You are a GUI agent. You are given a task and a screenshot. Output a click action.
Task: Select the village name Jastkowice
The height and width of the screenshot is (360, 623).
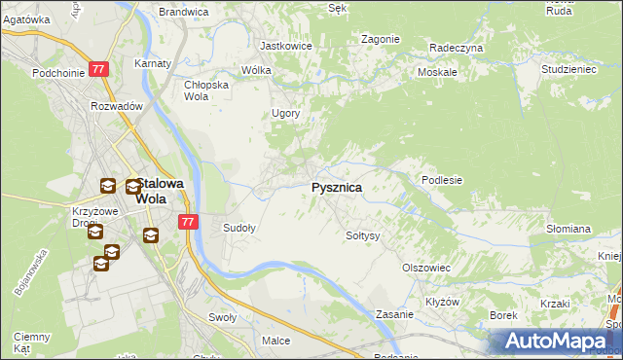coord(284,46)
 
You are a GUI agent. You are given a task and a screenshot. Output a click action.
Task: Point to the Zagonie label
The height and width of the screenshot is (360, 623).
coord(381,39)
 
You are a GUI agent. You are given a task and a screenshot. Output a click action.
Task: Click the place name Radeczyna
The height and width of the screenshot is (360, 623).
coord(457,47)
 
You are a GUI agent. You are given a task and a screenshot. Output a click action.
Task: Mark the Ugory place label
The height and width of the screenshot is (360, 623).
coord(285,113)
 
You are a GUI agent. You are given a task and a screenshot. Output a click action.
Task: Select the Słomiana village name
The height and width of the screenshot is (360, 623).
coord(568,229)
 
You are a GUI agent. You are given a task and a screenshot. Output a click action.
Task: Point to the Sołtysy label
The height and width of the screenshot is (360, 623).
coord(363,235)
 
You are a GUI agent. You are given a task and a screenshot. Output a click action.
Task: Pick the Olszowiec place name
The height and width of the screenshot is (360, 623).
coord(425,268)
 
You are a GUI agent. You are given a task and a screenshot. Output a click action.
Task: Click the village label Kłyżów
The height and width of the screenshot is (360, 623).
coord(443,302)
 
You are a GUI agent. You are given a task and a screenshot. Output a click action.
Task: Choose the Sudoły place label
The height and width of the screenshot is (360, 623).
coord(239,229)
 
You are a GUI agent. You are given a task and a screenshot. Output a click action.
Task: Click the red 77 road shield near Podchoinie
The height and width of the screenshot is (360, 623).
coord(97,69)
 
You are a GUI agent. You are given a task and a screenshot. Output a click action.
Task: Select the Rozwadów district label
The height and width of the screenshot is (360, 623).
coord(117,106)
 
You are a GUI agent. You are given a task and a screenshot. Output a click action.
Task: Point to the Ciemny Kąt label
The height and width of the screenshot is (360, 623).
coord(25,342)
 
